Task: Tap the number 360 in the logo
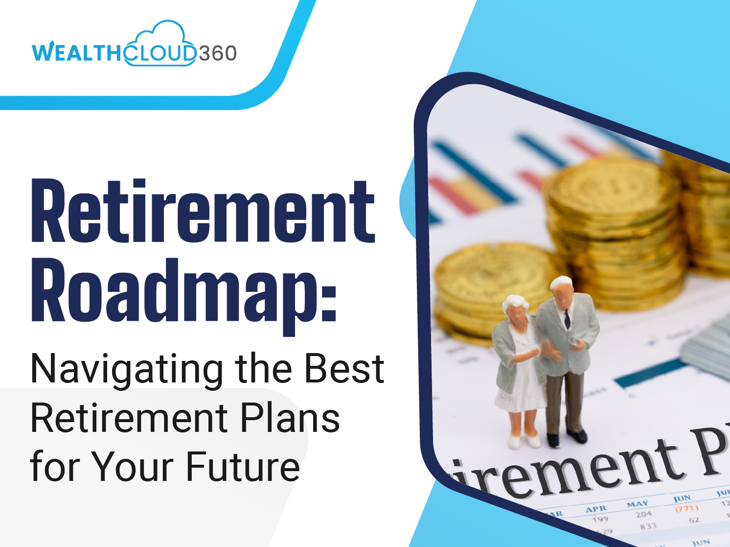click(x=218, y=53)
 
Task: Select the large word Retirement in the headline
click(x=203, y=212)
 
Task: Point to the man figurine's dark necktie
click(x=567, y=318)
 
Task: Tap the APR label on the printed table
click(x=596, y=509)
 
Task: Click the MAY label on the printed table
click(x=637, y=504)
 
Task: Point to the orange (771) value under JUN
click(x=686, y=509)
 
